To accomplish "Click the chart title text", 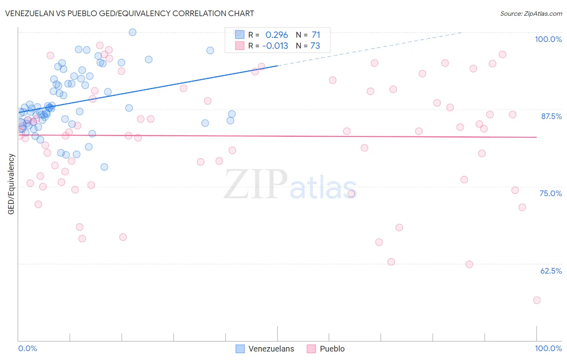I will [x=129, y=13].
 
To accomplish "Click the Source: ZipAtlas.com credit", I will [x=531, y=13].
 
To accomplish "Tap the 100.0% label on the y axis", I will [x=548, y=39].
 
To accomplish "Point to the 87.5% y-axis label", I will [x=551, y=116].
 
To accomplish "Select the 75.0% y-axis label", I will [x=550, y=193].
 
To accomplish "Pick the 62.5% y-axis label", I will [x=551, y=271].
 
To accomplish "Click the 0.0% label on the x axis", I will [x=27, y=348].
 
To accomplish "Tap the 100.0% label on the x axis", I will [x=548, y=348].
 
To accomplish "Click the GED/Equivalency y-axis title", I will [x=11, y=184].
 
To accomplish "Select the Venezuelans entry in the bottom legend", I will [x=271, y=349].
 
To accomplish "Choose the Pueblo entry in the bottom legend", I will [x=332, y=349].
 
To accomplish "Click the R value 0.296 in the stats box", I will [x=277, y=35].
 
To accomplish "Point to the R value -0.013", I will [x=275, y=46].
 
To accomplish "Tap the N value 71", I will [x=316, y=35].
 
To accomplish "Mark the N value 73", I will [x=315, y=46].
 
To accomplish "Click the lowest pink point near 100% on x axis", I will [x=536, y=300].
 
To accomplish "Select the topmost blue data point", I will [x=132, y=32].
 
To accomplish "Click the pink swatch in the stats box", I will [x=240, y=46].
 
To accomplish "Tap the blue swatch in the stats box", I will [x=240, y=35].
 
